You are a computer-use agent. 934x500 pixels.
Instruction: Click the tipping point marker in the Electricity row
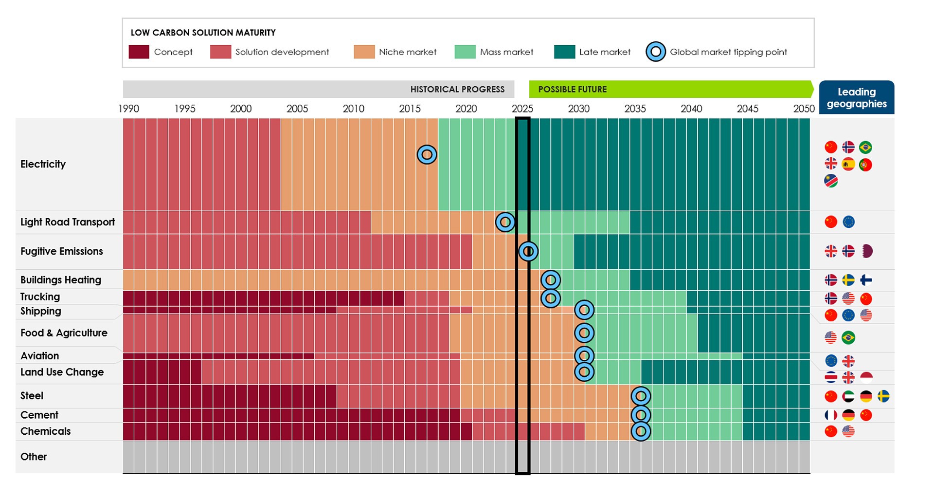tap(427, 155)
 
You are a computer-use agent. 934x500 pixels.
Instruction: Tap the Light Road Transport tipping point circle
tap(505, 222)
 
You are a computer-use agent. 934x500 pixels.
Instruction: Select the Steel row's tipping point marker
tap(641, 396)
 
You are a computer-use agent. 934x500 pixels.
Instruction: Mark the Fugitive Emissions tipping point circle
tap(528, 251)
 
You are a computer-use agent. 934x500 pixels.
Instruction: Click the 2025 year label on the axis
tap(522, 109)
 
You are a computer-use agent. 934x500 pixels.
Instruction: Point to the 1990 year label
tap(128, 109)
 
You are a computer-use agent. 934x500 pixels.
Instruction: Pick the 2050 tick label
tap(804, 109)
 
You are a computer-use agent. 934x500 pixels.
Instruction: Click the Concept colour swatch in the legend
tap(139, 52)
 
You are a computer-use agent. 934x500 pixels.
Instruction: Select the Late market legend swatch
tap(564, 52)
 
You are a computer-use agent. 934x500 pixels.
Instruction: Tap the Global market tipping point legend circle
tap(655, 52)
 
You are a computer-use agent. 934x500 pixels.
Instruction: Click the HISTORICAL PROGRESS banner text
tap(457, 90)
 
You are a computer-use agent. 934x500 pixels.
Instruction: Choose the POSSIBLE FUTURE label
tap(572, 90)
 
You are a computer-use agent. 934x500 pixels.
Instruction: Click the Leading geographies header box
tap(856, 97)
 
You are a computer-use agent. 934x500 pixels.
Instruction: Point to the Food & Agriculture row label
tap(64, 333)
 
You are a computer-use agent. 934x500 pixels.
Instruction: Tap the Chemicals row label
tap(45, 431)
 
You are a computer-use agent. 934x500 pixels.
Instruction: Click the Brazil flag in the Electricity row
tap(865, 147)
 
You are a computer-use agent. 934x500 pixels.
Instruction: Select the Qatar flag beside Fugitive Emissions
tap(866, 251)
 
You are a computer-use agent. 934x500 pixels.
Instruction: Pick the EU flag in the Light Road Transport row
tap(848, 222)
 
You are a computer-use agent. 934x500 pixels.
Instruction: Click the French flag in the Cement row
tap(831, 415)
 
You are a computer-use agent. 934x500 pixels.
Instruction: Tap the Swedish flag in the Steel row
tap(883, 396)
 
